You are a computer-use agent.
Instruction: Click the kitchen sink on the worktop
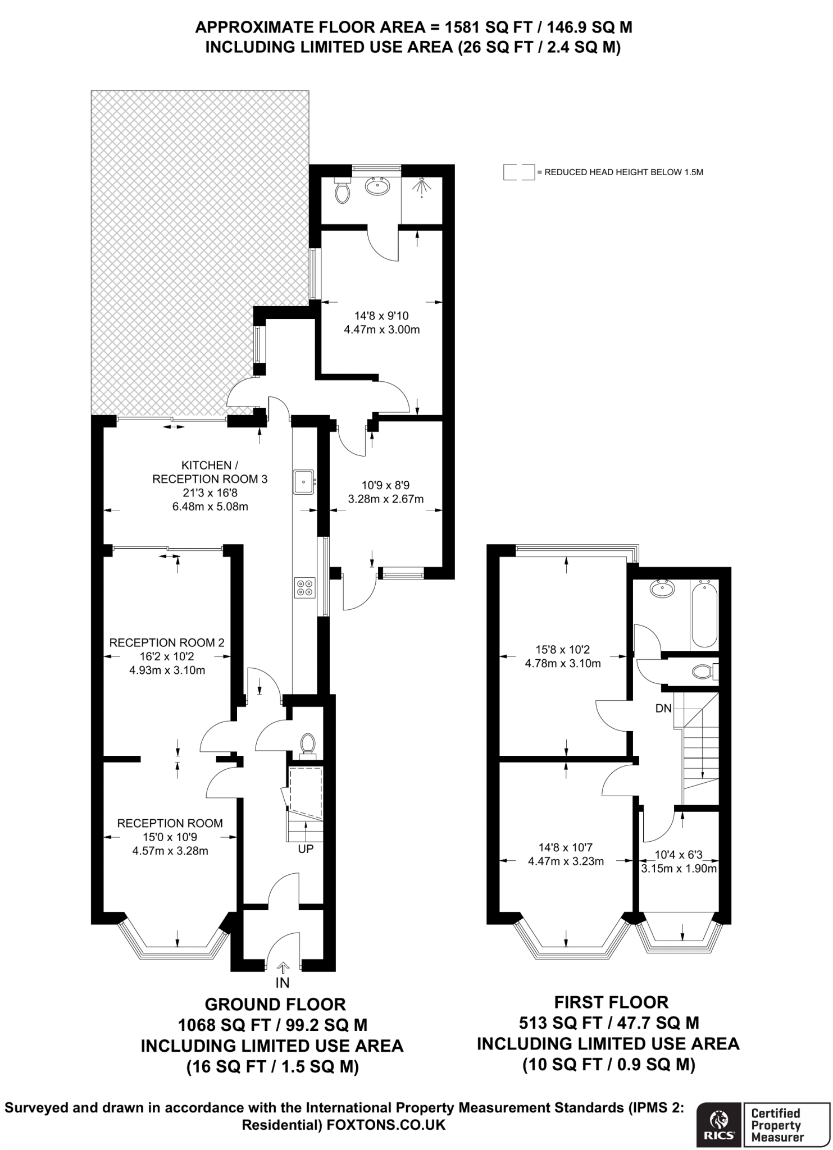tap(304, 482)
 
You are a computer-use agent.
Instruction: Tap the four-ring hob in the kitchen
tap(304, 587)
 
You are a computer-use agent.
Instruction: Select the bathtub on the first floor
tap(704, 615)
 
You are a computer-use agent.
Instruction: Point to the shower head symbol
tap(421, 188)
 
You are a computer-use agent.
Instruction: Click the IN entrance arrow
tap(283, 967)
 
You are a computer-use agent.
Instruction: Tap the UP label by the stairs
tap(306, 849)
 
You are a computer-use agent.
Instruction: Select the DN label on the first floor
tap(663, 709)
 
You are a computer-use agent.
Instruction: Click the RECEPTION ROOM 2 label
tap(167, 642)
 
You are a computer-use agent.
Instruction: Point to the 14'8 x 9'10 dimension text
tap(381, 316)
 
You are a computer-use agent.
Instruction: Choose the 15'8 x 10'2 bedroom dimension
tap(563, 650)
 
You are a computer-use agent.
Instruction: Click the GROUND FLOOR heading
tap(275, 1005)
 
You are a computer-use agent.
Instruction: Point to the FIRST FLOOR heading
tap(612, 1002)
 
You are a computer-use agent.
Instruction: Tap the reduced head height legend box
tap(519, 172)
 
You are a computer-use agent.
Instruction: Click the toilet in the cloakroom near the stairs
tap(307, 745)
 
